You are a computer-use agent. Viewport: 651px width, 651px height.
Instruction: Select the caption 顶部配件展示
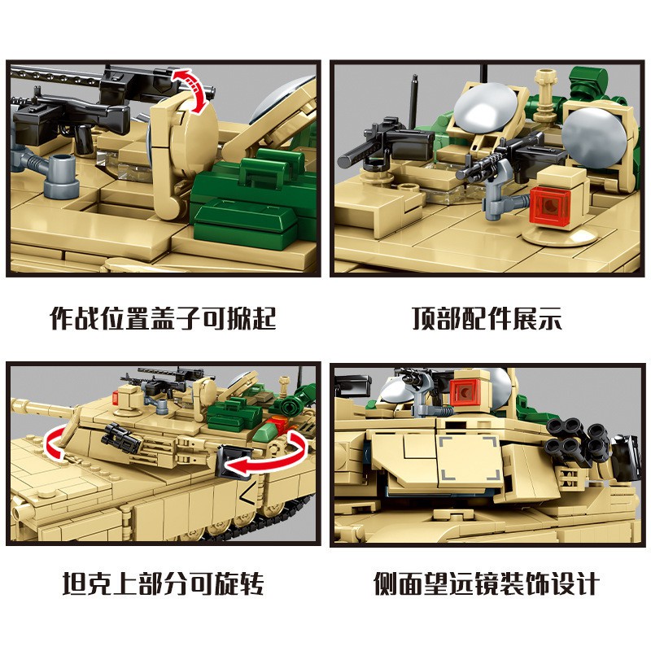tap(486, 317)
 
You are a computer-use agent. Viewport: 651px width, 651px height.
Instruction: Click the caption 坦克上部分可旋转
tap(163, 583)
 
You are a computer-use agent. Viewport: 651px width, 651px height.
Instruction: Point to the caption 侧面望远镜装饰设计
tap(487, 583)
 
